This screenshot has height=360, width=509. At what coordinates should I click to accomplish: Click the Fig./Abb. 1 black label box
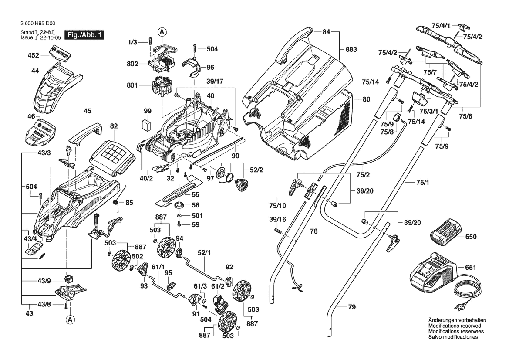tap(84, 35)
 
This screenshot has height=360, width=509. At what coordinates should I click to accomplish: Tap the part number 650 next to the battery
tap(471, 238)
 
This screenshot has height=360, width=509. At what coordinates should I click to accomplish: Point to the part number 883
tap(351, 50)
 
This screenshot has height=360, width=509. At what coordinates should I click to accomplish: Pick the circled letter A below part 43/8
tap(70, 320)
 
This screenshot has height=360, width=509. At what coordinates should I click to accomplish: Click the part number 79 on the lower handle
tap(352, 307)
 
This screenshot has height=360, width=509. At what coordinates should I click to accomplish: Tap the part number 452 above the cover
tap(34, 55)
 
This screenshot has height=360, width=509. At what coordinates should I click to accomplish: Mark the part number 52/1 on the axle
tap(204, 252)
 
